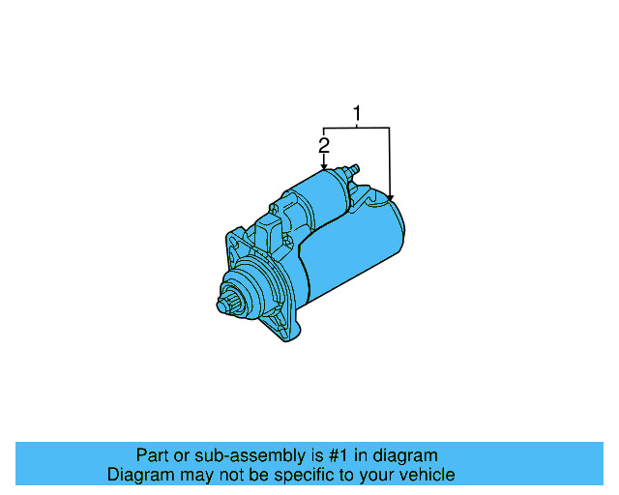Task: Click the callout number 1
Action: [357, 114]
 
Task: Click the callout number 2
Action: [324, 145]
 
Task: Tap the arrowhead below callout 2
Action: [324, 167]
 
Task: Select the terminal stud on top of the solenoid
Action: [353, 170]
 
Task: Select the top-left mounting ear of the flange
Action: [235, 238]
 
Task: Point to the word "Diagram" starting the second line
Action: [139, 475]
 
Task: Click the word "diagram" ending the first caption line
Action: [407, 455]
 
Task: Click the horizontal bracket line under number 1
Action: [357, 128]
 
